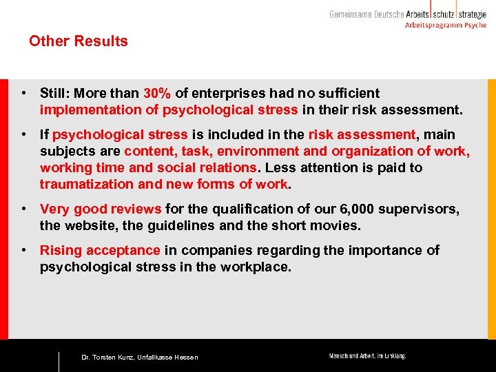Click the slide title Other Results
coord(79,41)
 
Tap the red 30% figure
coord(158,93)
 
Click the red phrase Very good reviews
coord(101,209)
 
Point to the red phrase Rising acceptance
coord(100,250)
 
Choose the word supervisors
coord(420,209)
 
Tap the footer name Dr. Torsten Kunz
coord(107,358)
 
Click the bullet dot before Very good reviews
coord(23,209)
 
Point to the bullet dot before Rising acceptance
coord(23,250)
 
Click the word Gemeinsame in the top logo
coord(351,14)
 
